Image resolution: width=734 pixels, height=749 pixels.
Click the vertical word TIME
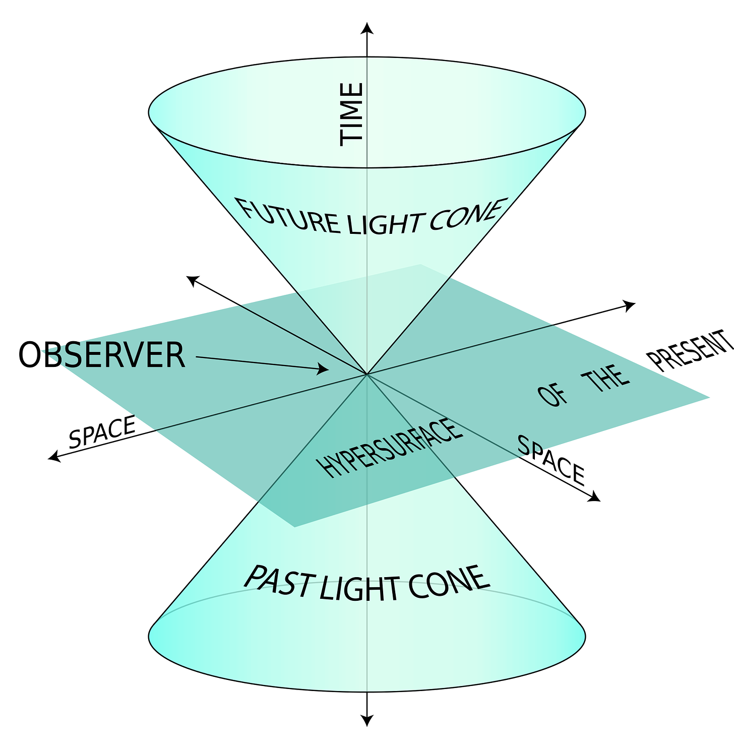[x=351, y=114]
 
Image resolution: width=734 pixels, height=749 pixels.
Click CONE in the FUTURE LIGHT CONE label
[x=466, y=214]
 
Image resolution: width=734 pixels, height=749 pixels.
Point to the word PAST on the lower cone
[x=278, y=581]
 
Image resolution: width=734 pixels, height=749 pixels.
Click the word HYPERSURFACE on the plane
[x=391, y=449]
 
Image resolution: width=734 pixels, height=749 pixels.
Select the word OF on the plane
[x=553, y=396]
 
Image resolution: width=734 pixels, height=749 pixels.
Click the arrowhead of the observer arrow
[x=323, y=369]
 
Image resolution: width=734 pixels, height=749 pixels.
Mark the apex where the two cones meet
[x=367, y=374]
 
